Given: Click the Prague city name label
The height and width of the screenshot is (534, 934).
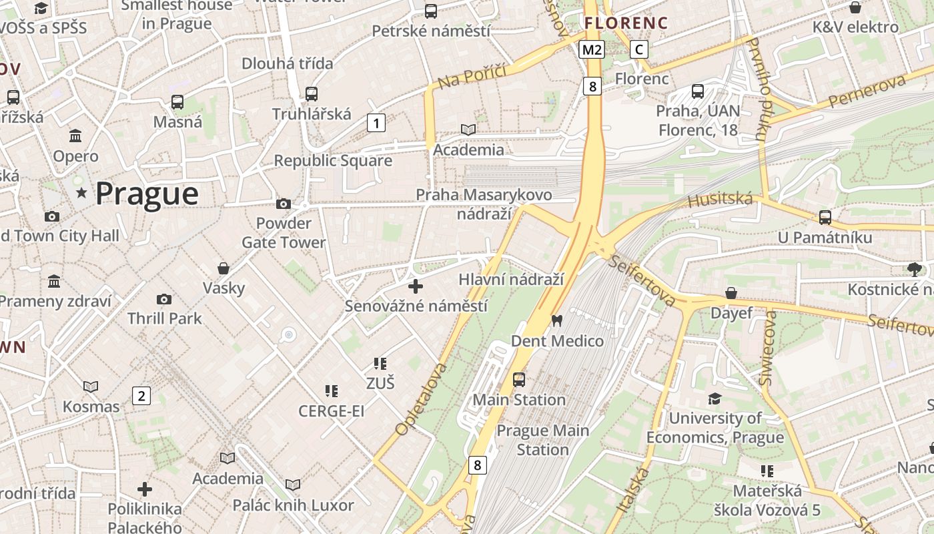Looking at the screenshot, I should (x=147, y=194).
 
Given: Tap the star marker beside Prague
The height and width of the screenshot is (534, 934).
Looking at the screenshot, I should (x=82, y=194).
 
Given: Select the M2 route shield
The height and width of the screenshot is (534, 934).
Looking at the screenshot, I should (x=592, y=49).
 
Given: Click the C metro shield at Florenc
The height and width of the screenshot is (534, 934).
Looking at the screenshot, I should (x=639, y=49).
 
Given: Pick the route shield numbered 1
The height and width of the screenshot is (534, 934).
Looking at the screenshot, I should (x=376, y=123).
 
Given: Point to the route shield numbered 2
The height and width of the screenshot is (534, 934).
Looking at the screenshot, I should (x=141, y=396).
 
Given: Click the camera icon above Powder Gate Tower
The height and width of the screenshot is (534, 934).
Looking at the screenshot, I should (x=284, y=204).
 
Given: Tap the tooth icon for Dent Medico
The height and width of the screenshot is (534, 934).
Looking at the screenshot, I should (x=556, y=321).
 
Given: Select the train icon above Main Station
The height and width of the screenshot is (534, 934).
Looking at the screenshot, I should (x=519, y=380).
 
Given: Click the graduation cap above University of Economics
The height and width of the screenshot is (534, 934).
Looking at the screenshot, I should (x=715, y=398).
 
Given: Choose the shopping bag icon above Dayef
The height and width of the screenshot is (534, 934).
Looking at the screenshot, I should (x=731, y=293).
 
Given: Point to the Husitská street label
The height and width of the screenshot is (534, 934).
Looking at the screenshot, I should (x=720, y=199).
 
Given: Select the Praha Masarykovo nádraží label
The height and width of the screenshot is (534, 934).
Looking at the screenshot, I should (x=484, y=204).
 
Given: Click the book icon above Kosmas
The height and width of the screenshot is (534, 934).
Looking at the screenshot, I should (x=91, y=386).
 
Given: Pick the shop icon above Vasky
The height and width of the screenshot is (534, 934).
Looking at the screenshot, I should (x=223, y=268).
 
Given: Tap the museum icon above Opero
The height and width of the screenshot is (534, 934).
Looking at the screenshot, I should (x=75, y=136).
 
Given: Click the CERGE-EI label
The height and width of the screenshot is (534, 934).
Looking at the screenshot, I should (x=331, y=411).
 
